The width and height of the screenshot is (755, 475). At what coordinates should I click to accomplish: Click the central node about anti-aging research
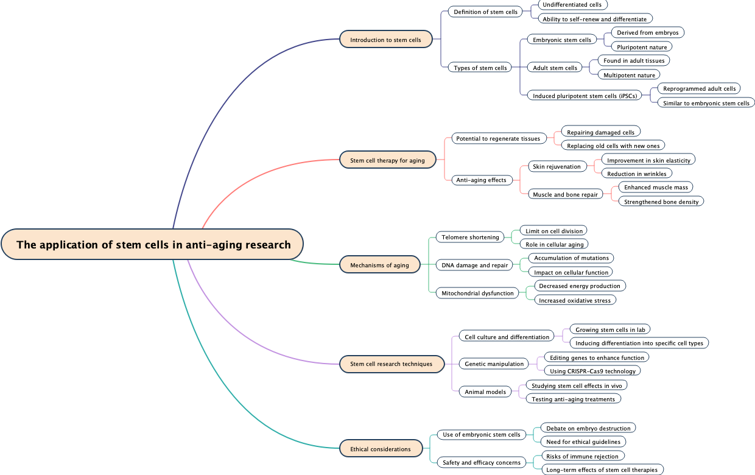point(152,245)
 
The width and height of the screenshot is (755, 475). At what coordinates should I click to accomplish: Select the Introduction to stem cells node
point(386,40)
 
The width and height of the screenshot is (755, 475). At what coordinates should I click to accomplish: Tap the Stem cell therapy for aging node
point(387,160)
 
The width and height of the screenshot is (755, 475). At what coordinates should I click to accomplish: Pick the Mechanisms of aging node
point(379,265)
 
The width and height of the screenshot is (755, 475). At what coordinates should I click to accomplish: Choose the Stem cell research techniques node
point(391,364)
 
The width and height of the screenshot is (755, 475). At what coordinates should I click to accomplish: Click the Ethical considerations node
point(381,449)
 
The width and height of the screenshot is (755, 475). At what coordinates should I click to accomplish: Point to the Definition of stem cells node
point(485,12)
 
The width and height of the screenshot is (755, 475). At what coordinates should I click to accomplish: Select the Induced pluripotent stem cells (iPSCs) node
point(585,96)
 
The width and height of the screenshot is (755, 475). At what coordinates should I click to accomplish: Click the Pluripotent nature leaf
point(642,47)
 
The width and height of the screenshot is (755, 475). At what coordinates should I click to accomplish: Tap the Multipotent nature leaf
point(629,75)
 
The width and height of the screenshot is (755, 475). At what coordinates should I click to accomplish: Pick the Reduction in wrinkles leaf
point(637,174)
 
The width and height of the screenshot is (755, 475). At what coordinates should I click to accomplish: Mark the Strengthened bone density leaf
point(661,202)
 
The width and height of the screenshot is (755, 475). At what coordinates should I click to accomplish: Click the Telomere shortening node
point(470,237)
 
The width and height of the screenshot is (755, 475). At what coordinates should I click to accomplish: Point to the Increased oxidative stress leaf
point(575,300)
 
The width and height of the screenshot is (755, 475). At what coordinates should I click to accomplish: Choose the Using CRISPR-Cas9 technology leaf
point(592,371)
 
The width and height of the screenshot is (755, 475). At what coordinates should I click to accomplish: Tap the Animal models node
point(485,392)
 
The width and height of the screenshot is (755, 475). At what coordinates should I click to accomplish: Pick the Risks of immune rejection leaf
point(582,456)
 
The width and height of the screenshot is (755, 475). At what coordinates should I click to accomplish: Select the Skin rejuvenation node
point(557,166)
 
